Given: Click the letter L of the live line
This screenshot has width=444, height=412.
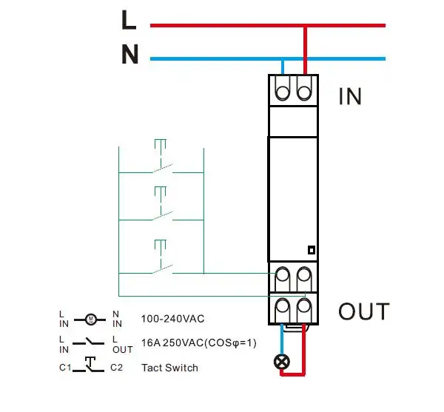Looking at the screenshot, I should coord(129,20).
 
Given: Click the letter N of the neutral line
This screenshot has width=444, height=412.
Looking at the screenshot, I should coord(130,55).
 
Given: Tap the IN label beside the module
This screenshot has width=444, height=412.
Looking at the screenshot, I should coord(350,96).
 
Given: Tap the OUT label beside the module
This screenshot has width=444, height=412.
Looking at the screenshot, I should coord(363,311).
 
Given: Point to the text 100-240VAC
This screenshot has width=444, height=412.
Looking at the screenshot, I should coord(173,320).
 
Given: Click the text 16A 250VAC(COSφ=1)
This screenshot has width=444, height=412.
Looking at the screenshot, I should coord(199,343).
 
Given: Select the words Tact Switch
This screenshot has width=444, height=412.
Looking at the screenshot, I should coord(169,367).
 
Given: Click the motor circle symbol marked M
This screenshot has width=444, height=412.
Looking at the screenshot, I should coord(90,320).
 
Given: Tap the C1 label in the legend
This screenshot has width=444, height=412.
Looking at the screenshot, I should coord(64,367).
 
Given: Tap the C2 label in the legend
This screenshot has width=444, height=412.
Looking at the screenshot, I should coord(116,367).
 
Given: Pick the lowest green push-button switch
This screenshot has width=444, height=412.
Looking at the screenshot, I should coord(161,260).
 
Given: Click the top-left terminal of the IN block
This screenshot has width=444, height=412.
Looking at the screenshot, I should coord(283,91).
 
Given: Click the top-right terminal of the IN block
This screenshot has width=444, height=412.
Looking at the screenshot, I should coord(303,91).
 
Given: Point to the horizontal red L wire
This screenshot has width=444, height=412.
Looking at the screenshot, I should coord(222,25).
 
